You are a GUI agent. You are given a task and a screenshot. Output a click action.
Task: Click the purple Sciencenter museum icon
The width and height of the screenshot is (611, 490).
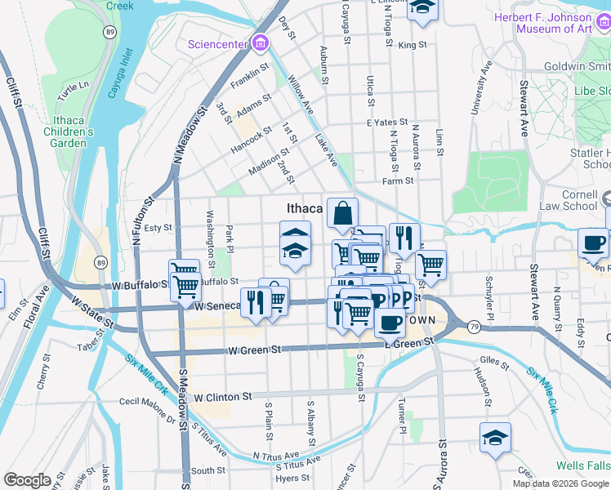[x=260, y=42]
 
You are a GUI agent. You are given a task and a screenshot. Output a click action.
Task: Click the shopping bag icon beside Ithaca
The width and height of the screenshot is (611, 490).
[x=343, y=213]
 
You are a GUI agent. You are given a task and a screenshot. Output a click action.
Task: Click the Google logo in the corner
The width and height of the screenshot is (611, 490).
[x=26, y=480]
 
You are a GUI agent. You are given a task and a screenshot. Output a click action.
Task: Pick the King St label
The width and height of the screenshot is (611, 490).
[x=413, y=45]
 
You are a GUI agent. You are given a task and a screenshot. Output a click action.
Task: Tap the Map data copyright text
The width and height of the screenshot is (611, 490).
[x=560, y=483]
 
